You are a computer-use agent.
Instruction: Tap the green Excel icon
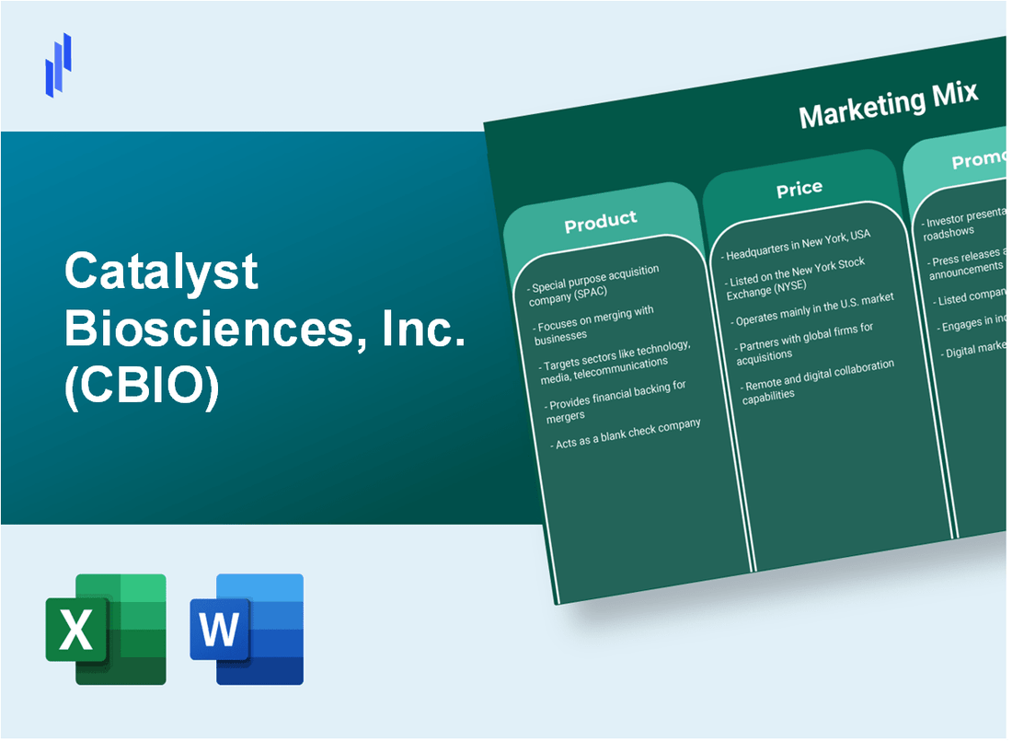106,629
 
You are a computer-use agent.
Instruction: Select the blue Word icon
247,629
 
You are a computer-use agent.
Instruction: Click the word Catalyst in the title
161,273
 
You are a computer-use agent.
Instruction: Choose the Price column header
799,188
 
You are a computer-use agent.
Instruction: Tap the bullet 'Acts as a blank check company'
628,434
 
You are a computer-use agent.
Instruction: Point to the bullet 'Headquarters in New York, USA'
797,245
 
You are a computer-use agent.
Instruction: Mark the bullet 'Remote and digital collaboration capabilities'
819,379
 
